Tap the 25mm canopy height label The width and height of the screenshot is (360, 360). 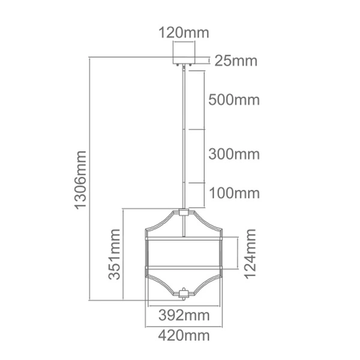[x=236, y=61]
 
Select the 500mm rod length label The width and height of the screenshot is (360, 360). [x=235, y=100]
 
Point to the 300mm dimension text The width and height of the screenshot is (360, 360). [x=235, y=154]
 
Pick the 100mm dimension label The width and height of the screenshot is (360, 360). [x=235, y=193]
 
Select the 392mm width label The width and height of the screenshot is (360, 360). [x=184, y=315]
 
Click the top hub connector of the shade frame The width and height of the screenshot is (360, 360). [x=184, y=212]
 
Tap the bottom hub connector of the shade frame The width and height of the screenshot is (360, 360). [x=184, y=293]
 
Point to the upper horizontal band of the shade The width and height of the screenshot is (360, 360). [x=184, y=239]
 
